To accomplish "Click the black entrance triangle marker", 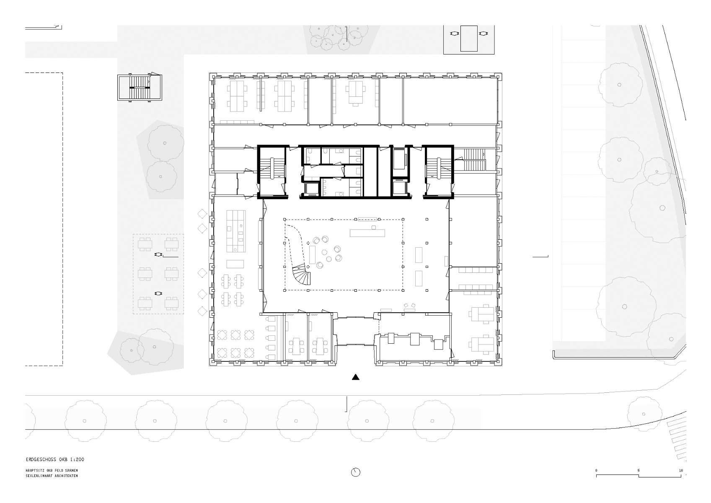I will click(x=356, y=377).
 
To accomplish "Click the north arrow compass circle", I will click(x=355, y=472).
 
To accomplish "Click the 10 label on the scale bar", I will click(x=681, y=471).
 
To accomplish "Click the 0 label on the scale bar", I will click(x=596, y=471).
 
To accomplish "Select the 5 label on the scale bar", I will click(x=639, y=471).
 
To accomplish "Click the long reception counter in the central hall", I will click(x=367, y=233).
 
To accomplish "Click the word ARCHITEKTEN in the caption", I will click(x=65, y=476).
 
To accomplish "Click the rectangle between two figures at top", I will click(x=469, y=38).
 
